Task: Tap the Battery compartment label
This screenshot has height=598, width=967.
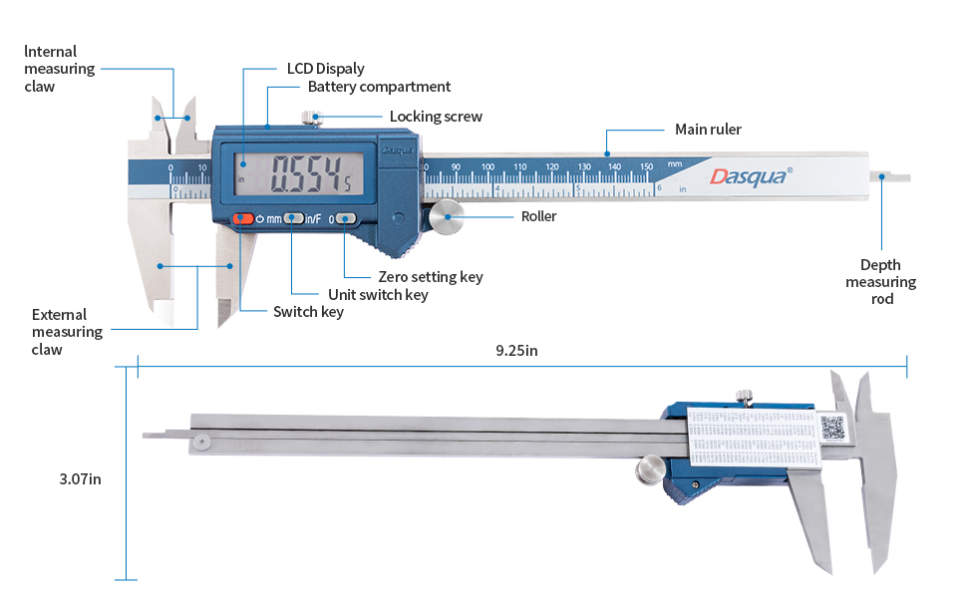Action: point(379,87)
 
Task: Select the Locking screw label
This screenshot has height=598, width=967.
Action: point(436,117)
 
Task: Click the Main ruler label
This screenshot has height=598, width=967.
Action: point(708,130)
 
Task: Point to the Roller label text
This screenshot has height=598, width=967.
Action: point(538,216)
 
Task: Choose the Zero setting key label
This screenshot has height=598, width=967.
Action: point(431,277)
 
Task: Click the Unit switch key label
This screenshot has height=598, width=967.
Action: point(378,294)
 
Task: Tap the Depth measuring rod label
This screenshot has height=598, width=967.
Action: point(880,281)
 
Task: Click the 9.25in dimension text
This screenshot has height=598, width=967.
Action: point(517,351)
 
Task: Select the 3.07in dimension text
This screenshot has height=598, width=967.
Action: point(80,478)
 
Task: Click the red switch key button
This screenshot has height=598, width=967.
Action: point(243,218)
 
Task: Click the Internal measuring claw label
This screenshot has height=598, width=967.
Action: point(59,69)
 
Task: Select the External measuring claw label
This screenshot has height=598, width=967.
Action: point(67,332)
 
